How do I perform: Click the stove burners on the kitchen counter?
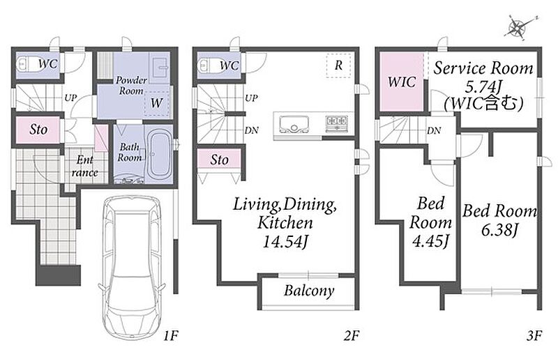336,122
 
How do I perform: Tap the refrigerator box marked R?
339,65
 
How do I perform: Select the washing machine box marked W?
157,102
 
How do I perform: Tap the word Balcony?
309,291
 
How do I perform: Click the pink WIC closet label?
402,82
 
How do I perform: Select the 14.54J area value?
285,242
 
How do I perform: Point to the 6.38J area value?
499,230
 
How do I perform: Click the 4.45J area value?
430,241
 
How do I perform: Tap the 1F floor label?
170,335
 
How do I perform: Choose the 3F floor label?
534,335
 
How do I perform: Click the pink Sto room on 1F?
38,130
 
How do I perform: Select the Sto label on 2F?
219,160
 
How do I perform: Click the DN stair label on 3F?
434,130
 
